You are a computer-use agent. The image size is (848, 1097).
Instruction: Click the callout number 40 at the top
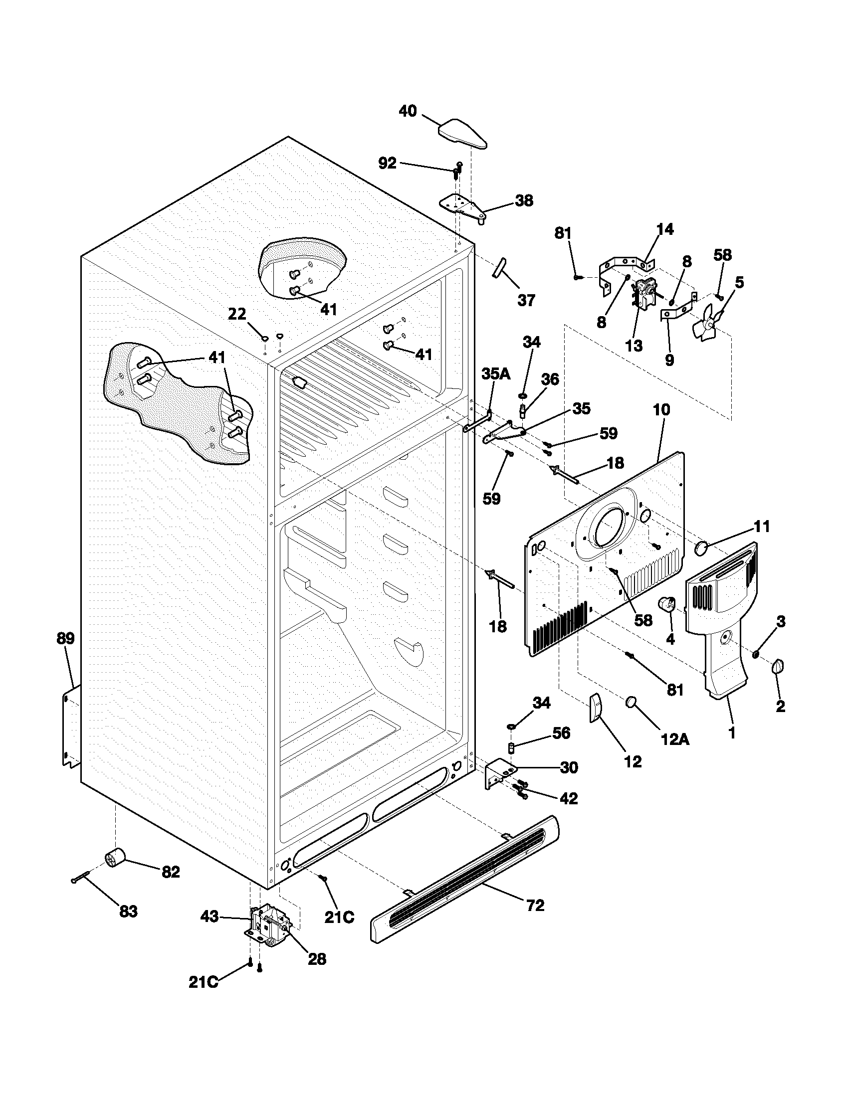(x=408, y=111)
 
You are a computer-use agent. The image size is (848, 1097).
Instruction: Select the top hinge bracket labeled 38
(x=462, y=206)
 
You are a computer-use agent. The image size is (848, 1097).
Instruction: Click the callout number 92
(x=387, y=163)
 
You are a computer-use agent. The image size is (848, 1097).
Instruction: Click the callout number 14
(x=664, y=229)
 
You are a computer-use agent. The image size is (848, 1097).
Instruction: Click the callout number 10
(x=661, y=409)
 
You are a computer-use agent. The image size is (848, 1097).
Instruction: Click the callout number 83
(x=128, y=911)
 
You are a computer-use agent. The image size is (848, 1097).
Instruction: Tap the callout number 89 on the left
(x=65, y=638)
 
